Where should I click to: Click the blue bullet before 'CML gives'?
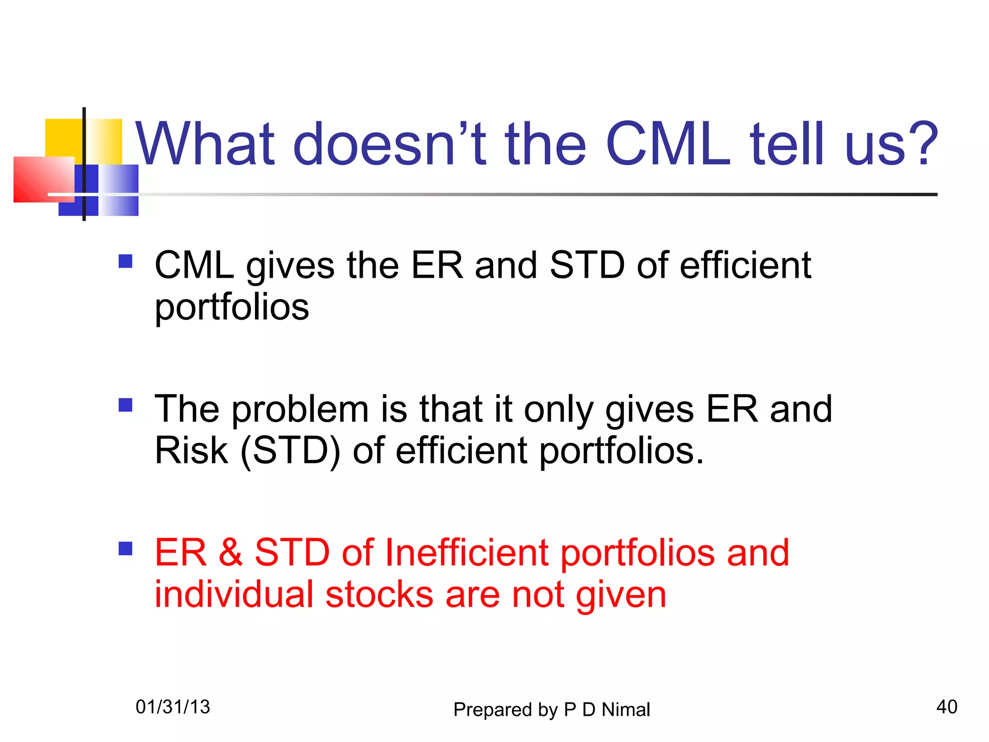pyautogui.click(x=126, y=261)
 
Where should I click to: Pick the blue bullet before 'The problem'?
pyautogui.click(x=126, y=405)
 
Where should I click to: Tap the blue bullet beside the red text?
pyautogui.click(x=126, y=549)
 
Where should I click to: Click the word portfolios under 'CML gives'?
pyautogui.click(x=232, y=308)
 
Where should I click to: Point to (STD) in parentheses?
pyautogui.click(x=290, y=450)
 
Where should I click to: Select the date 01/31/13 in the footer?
pyautogui.click(x=173, y=707)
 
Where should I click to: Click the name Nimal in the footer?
pyautogui.click(x=625, y=710)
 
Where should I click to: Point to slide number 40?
pyautogui.click(x=947, y=707)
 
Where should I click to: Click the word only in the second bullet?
pyautogui.click(x=558, y=410)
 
